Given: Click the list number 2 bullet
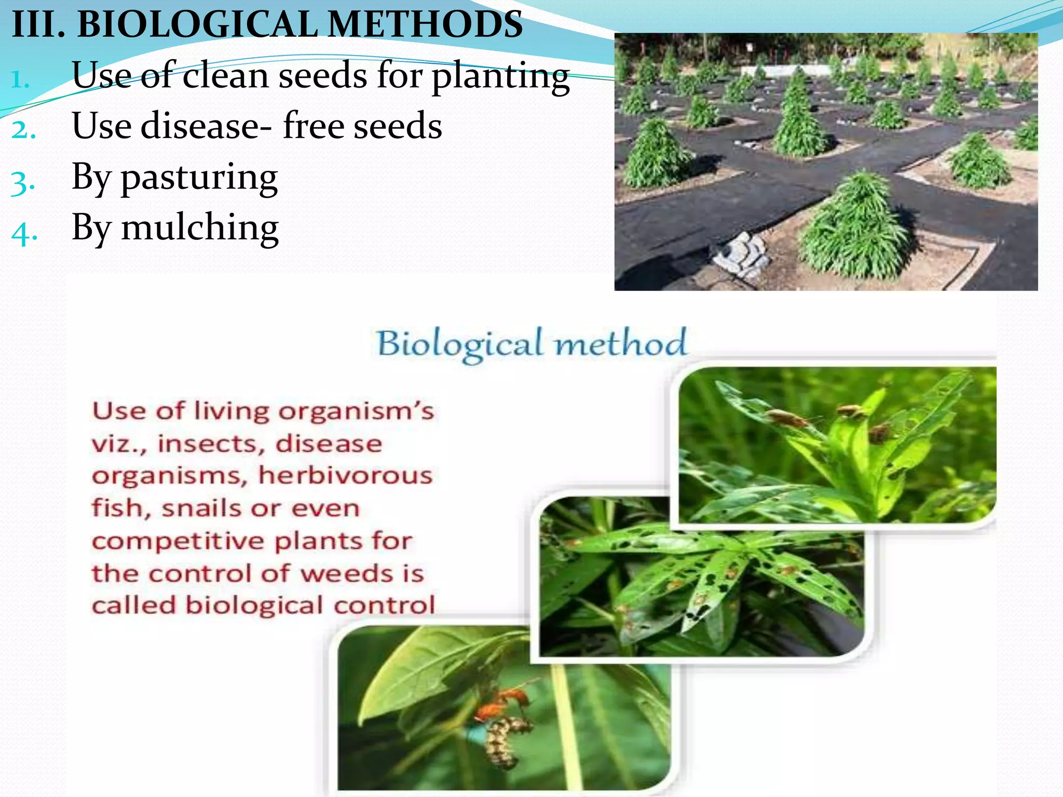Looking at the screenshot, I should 23,130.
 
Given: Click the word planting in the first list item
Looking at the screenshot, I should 500,76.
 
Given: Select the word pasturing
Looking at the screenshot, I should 199,177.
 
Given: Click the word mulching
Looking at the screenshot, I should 200,228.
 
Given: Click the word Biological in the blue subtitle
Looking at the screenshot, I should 460,344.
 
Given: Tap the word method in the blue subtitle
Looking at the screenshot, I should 621,343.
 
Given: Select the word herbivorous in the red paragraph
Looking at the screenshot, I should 345,475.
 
